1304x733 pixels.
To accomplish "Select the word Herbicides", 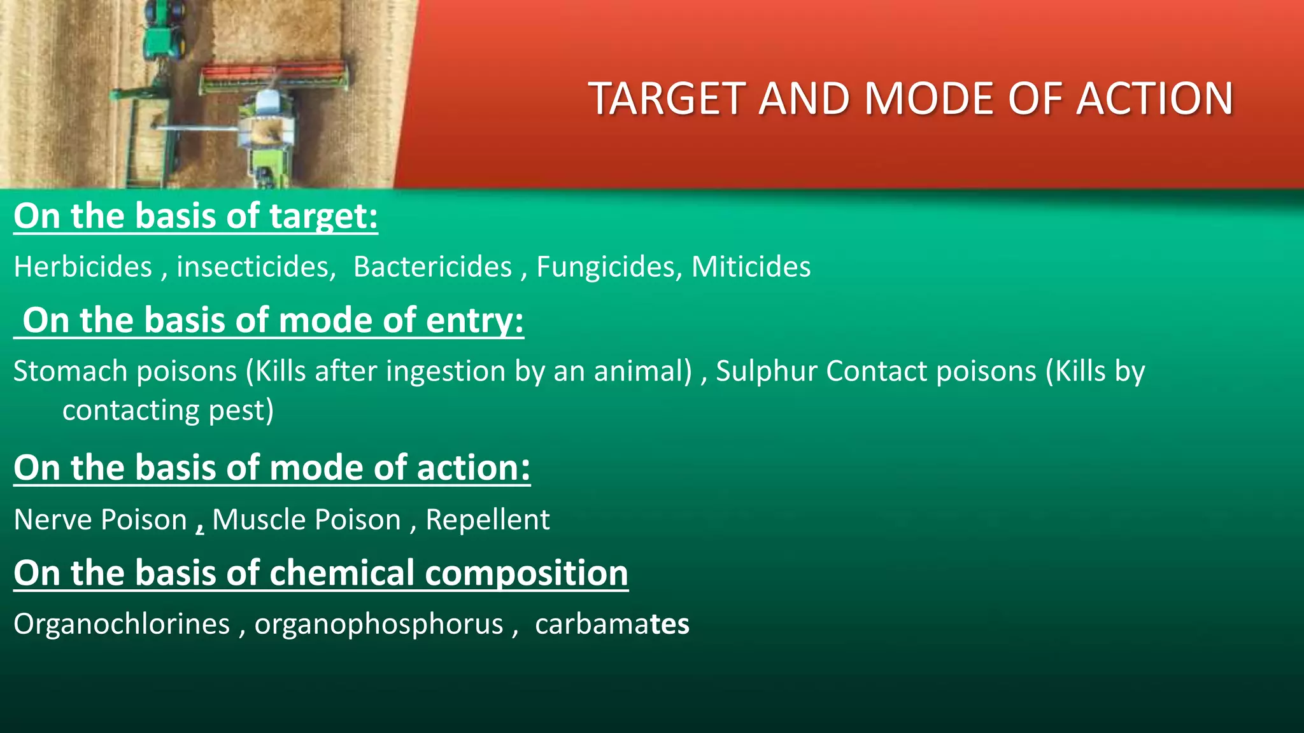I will click(83, 267).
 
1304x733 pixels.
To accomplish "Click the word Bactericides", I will click(432, 267).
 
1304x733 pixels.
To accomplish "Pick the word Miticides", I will click(751, 267).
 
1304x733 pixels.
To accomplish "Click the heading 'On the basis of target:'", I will click(195, 216).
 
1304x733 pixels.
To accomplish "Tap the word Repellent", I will click(487, 520).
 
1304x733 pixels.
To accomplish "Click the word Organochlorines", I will click(122, 624).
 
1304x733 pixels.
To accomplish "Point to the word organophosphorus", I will click(379, 624).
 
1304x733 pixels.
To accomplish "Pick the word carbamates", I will click(612, 624).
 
